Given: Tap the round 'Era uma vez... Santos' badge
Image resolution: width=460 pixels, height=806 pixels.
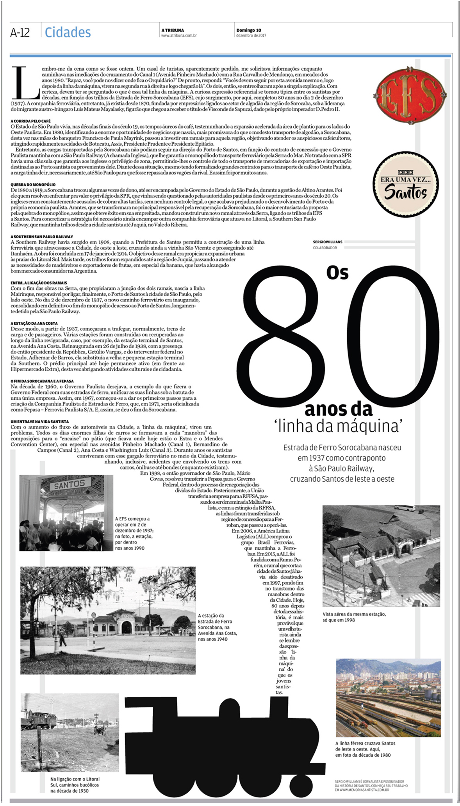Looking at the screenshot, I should (405, 184).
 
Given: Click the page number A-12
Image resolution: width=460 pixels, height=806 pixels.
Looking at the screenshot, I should (20, 32).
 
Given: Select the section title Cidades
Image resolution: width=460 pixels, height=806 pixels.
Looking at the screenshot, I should (68, 32).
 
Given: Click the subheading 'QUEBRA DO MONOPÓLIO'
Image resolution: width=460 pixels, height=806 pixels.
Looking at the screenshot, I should (33, 184).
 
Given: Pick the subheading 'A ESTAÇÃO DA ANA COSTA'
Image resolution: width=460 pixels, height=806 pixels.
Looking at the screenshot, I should (34, 323).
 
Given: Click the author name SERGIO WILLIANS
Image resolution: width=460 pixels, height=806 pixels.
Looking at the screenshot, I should (327, 242).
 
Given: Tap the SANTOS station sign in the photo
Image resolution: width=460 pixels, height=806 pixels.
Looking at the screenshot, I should (69, 485).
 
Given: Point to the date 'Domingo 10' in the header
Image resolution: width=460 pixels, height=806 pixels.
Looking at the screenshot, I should (248, 30).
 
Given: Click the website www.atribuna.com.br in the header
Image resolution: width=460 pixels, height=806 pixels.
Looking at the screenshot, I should (178, 36).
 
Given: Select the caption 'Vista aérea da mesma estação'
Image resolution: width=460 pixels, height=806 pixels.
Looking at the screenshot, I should (354, 614).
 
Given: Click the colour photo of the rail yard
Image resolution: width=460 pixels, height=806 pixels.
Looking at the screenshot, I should (388, 697).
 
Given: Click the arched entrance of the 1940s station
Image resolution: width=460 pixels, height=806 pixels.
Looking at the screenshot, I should (127, 626).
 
